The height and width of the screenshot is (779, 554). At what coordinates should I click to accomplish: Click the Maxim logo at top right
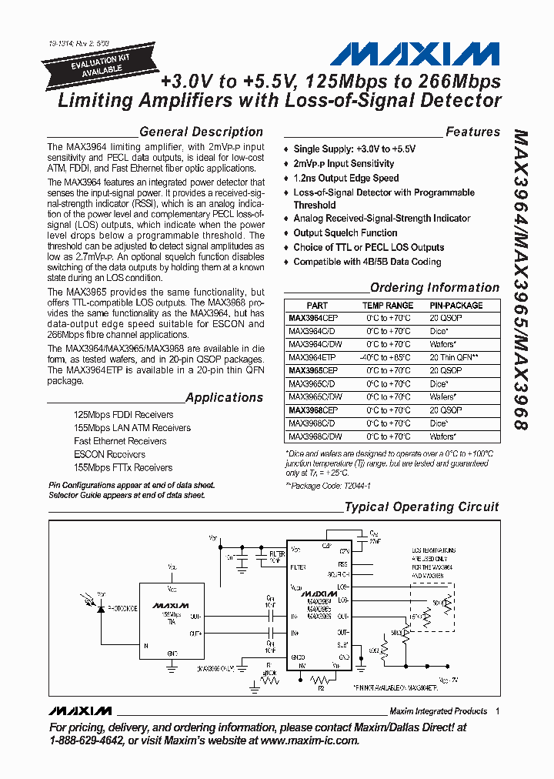(415, 54)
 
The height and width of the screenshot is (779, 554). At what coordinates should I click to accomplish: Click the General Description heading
(201, 132)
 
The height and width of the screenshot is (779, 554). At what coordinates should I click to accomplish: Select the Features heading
(472, 132)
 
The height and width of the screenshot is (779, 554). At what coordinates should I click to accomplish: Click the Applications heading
(224, 397)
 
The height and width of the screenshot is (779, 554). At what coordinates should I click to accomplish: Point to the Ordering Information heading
(435, 287)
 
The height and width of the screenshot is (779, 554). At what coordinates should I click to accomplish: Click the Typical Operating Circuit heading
(422, 507)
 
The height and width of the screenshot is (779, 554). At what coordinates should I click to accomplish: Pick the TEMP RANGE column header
(388, 306)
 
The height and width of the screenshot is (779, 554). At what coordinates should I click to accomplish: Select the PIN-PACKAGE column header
(456, 306)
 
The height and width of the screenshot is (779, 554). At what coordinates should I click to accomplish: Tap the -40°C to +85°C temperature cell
(388, 357)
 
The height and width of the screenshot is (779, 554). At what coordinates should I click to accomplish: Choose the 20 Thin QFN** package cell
(456, 357)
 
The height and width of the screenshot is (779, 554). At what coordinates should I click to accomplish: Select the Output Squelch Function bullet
(345, 232)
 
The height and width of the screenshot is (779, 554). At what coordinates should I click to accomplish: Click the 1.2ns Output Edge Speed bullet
(345, 178)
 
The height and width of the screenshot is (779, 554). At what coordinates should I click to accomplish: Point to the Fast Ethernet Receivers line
(120, 441)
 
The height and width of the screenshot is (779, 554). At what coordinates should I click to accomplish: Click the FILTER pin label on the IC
(299, 567)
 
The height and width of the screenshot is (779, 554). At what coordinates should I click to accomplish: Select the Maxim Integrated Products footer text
(438, 710)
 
